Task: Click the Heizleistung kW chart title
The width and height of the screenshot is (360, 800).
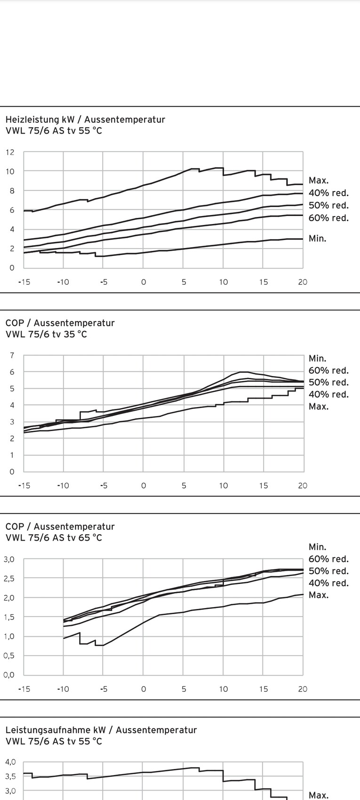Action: point(85,120)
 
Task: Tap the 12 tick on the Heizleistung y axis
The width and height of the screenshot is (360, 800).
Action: point(10,152)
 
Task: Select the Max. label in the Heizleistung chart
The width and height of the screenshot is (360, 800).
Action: point(319,180)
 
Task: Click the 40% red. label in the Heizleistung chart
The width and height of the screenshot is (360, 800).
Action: point(328,192)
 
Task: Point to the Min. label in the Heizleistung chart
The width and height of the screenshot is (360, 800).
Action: point(317,239)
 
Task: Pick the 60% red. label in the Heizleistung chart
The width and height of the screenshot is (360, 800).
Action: point(328,218)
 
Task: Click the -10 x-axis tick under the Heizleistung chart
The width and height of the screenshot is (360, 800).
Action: point(63,282)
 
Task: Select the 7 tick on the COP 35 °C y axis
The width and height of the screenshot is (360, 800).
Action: point(12,355)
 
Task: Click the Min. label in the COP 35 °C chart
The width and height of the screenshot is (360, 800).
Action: point(317,359)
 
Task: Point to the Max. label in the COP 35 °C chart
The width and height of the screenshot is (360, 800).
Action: point(319,407)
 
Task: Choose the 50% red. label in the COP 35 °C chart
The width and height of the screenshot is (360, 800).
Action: point(328,383)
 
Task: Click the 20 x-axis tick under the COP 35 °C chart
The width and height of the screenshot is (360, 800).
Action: point(303,486)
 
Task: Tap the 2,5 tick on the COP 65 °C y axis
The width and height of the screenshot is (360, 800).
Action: point(9,578)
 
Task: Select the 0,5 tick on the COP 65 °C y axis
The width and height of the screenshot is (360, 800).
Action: point(9,656)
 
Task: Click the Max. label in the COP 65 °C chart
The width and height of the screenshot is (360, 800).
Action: point(319,595)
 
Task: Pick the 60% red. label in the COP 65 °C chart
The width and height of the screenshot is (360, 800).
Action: point(328,559)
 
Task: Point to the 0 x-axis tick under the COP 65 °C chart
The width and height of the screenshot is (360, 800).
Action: point(144,689)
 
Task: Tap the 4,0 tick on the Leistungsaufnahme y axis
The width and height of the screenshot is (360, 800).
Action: point(10,762)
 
